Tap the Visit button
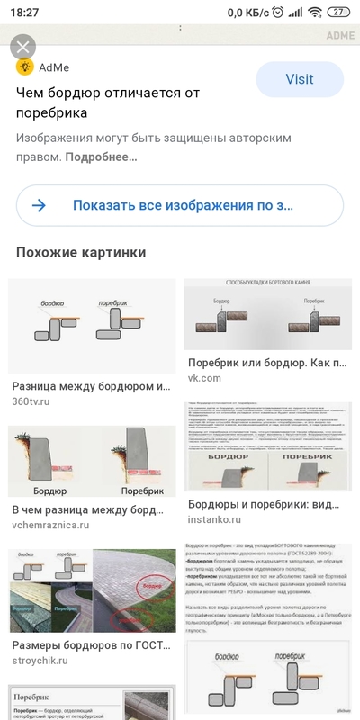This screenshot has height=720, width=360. point(299,79)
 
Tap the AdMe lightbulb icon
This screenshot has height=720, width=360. point(25,67)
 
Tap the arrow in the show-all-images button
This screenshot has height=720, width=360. point(40,205)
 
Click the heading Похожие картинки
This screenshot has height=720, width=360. point(81,253)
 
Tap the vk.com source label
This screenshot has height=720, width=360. point(204,378)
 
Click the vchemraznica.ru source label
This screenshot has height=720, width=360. point(51,525)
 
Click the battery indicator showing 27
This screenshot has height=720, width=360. point(338,12)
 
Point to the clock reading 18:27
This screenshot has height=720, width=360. point(24,12)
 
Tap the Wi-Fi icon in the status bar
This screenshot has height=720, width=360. point(315,12)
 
